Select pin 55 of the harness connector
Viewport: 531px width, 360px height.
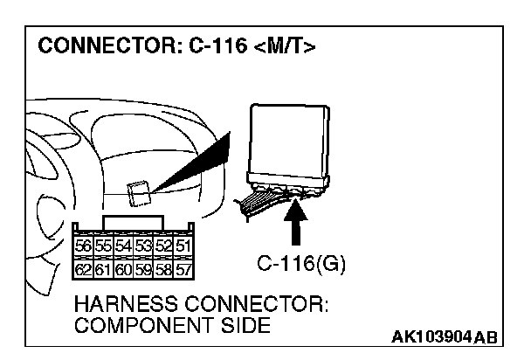(102, 246)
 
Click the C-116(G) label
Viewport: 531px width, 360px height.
(301, 263)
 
